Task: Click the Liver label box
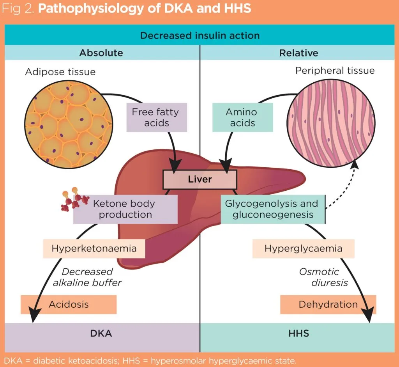pos(199,179)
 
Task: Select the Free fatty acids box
pos(157,117)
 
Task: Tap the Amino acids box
pos(242,117)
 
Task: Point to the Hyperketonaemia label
pos(94,248)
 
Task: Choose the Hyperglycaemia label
pos(303,248)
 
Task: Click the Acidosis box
pos(69,304)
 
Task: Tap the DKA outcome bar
pos(101,333)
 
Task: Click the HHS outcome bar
pos(298,333)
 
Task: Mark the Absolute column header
pos(101,53)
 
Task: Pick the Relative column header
pos(298,53)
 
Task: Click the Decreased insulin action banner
pos(199,35)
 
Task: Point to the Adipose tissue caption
pos(60,72)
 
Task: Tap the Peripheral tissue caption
pos(335,71)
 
